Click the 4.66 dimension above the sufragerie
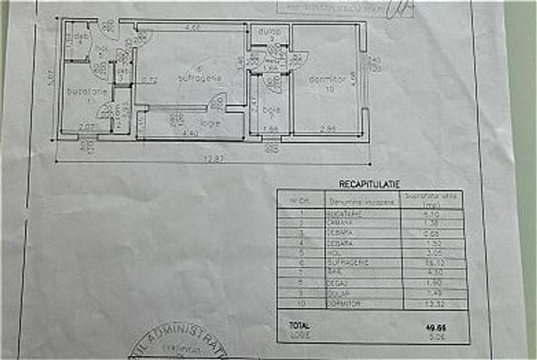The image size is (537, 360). (192, 27)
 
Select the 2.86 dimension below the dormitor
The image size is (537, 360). (327, 129)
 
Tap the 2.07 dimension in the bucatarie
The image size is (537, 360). (86, 127)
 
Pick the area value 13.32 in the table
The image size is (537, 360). (435, 304)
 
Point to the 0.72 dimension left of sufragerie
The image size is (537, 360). (150, 80)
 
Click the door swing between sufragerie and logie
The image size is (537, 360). (217, 101)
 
